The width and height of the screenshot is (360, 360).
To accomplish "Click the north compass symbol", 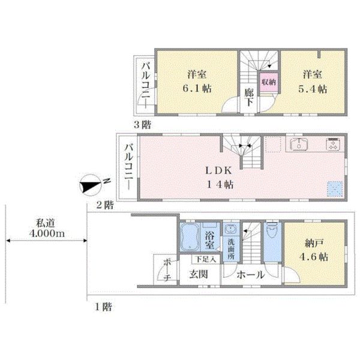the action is (x=90, y=185).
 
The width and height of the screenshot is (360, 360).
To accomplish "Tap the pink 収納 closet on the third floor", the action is (x=269, y=82).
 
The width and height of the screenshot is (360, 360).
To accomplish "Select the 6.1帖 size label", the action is (x=197, y=89).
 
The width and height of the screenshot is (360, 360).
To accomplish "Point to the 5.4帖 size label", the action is (x=313, y=89).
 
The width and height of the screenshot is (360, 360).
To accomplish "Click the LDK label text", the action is (x=218, y=170).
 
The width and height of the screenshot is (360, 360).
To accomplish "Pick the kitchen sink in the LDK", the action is (x=299, y=145).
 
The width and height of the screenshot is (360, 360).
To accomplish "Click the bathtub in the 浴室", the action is (x=190, y=237).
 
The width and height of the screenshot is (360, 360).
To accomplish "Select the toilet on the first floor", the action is (x=272, y=231).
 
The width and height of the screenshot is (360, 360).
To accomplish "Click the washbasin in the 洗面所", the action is (x=230, y=229).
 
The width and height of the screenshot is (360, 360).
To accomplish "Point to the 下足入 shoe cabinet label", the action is (x=206, y=259).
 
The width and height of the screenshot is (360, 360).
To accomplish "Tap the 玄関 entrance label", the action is (x=199, y=274).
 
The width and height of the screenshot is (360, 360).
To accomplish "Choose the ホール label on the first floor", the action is (x=251, y=275).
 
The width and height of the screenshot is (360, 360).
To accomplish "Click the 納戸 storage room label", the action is (x=314, y=243).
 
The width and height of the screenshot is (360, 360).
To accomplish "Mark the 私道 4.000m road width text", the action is (x=47, y=228).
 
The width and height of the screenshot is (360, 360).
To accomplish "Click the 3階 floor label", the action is (x=143, y=125).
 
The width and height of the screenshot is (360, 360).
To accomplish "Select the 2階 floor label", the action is (x=104, y=205).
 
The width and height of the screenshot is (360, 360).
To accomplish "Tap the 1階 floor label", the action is (x=104, y=307).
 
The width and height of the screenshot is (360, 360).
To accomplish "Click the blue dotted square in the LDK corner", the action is (x=335, y=189).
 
